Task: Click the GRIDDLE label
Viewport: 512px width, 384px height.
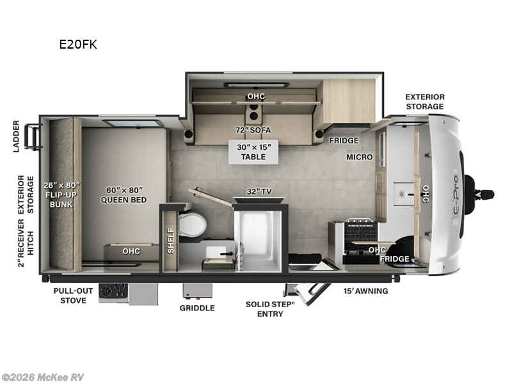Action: click(197, 308)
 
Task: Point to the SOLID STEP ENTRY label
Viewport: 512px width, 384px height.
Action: click(271, 308)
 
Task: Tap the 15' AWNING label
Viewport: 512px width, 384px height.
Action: click(365, 291)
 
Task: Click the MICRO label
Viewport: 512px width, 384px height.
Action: click(359, 157)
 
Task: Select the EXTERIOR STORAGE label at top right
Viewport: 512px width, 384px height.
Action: click(424, 102)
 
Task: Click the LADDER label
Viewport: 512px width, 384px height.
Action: click(17, 136)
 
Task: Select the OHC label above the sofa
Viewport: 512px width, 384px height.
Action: click(256, 97)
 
